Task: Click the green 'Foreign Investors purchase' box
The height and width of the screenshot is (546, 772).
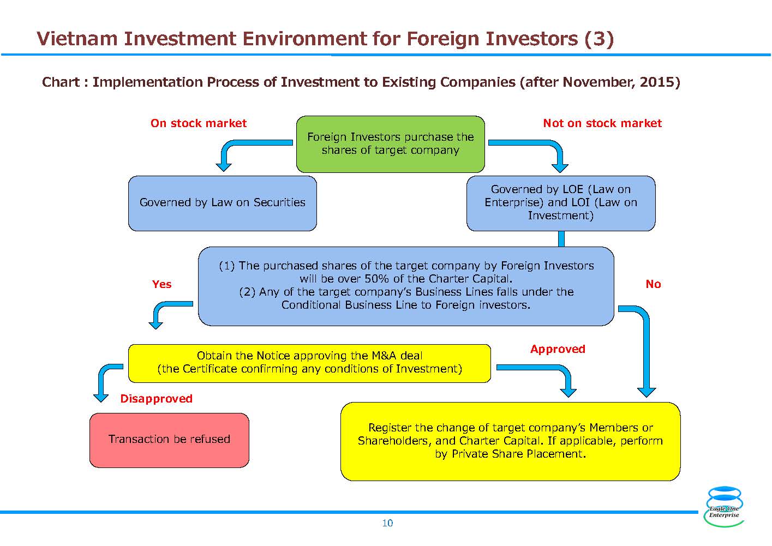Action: (391, 144)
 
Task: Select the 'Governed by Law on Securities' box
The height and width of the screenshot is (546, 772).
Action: (222, 203)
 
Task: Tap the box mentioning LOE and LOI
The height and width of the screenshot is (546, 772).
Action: (561, 203)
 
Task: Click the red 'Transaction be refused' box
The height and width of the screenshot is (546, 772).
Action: (169, 440)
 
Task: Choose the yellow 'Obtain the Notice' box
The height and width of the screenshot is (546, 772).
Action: (309, 363)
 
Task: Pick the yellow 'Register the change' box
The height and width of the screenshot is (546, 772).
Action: (511, 441)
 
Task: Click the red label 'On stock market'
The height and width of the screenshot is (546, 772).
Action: (199, 123)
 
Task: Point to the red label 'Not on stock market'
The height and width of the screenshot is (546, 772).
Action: (602, 123)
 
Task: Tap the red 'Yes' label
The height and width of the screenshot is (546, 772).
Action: (161, 284)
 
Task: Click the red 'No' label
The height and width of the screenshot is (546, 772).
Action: (653, 284)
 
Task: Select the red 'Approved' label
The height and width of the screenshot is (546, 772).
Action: (558, 349)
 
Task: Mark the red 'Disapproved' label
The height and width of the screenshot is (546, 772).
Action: (157, 399)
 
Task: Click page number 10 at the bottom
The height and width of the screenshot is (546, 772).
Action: (387, 523)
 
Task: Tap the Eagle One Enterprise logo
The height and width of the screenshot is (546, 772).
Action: (724, 506)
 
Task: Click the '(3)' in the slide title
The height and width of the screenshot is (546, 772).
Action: (599, 39)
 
